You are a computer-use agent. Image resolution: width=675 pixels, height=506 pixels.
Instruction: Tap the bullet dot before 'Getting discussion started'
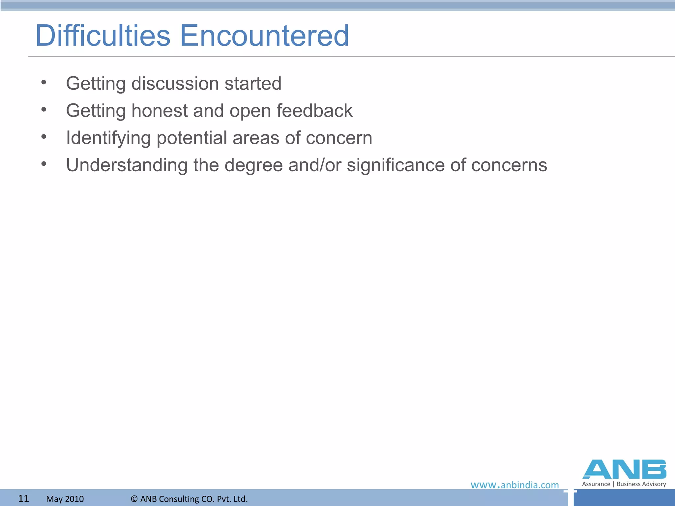pyautogui.click(x=44, y=83)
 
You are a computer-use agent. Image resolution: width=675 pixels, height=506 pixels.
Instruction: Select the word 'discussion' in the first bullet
pyautogui.click(x=175, y=84)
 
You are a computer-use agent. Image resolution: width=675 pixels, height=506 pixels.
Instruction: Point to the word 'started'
pyautogui.click(x=253, y=84)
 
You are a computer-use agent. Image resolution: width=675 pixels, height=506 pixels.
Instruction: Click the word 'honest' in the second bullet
pyautogui.click(x=160, y=111)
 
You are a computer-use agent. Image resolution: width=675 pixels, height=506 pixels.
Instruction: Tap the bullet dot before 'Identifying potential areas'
pyautogui.click(x=44, y=137)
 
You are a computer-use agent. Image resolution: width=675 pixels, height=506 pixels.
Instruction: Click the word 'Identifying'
pyautogui.click(x=108, y=138)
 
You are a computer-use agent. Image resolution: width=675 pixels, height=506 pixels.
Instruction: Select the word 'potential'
pyautogui.click(x=192, y=138)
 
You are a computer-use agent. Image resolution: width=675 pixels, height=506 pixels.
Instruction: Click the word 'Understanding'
pyautogui.click(x=127, y=165)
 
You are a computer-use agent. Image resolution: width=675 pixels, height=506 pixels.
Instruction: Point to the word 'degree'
pyautogui.click(x=253, y=166)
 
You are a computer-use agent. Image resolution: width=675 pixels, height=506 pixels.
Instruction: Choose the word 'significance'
pyautogui.click(x=396, y=165)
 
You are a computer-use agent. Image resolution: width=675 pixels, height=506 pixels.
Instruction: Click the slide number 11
pyautogui.click(x=23, y=498)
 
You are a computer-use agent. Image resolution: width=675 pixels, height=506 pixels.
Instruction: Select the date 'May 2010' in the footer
pyautogui.click(x=65, y=499)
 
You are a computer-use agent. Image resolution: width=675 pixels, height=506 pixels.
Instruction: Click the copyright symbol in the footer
pyautogui.click(x=134, y=499)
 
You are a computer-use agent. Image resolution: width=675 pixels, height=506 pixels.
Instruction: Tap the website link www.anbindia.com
pyautogui.click(x=514, y=485)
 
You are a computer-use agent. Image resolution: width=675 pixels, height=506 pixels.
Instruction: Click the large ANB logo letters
pyautogui.click(x=624, y=469)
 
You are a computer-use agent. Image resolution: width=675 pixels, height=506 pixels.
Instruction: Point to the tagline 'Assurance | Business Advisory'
pyautogui.click(x=624, y=484)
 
